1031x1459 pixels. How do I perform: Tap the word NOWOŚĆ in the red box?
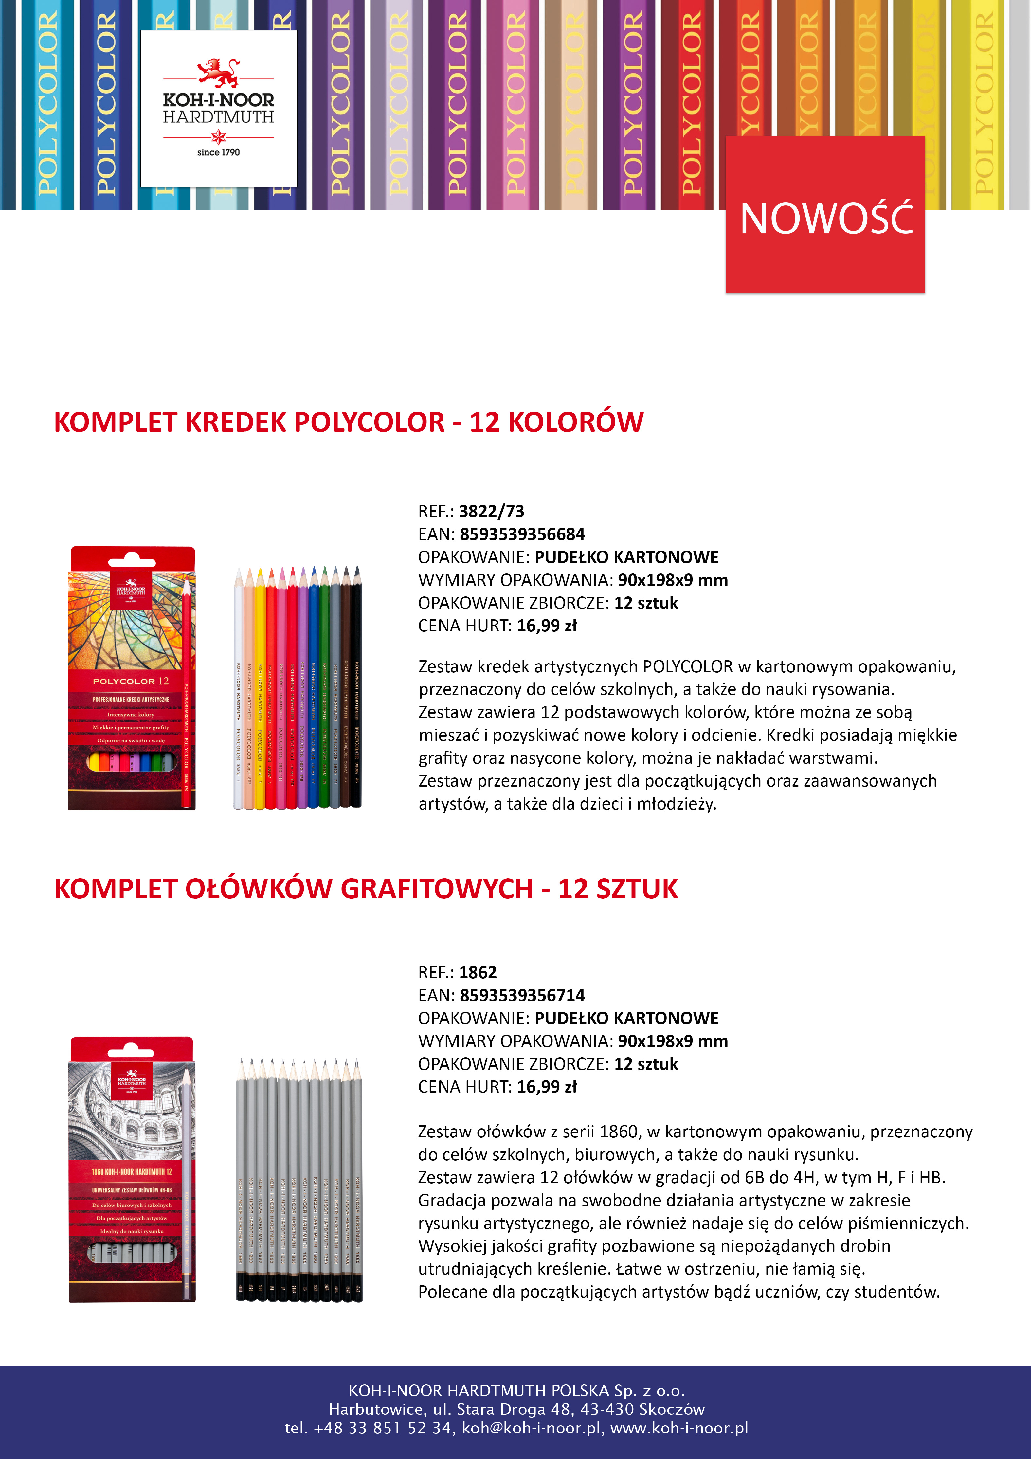826,218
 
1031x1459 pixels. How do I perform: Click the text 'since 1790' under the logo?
218,152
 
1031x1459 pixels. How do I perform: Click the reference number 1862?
478,972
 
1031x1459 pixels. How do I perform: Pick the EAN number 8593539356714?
522,995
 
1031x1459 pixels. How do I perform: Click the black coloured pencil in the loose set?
357,693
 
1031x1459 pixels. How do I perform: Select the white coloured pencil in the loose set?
238,693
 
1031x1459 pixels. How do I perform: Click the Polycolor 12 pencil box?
132,677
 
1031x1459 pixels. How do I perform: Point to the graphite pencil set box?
132,1169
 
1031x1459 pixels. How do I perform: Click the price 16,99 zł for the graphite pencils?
546,1087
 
